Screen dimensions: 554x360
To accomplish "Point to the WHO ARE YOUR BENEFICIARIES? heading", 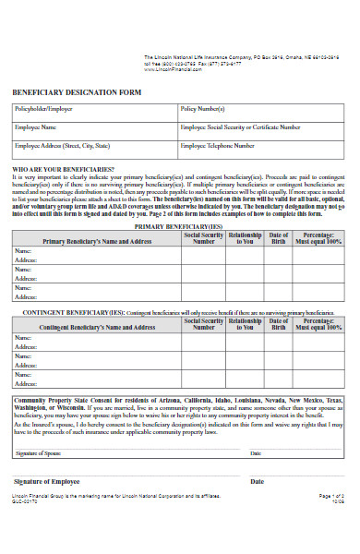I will tap(63, 170).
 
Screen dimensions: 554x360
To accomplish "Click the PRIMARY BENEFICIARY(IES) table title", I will tap(177, 225).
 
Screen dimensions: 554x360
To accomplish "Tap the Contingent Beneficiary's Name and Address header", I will tap(96, 327).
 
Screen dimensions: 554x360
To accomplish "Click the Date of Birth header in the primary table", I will tap(279, 239).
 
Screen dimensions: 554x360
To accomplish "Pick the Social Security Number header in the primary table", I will tap(203, 239).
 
